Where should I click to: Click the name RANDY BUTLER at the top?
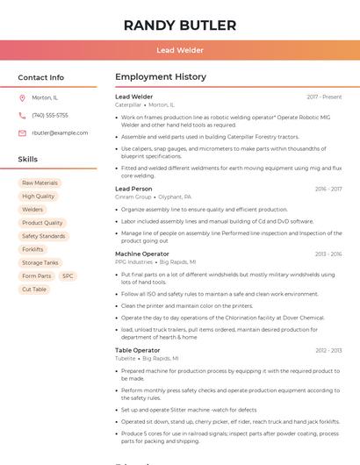click(x=179, y=25)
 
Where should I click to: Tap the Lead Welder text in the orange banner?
click(x=179, y=51)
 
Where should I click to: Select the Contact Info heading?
click(x=40, y=77)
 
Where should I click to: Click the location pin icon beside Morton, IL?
click(x=22, y=97)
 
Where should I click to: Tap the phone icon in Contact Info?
click(x=22, y=115)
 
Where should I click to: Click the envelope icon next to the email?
click(x=22, y=133)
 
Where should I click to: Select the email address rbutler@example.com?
click(x=60, y=133)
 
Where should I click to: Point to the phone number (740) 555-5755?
click(x=50, y=115)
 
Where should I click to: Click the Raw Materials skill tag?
click(x=40, y=183)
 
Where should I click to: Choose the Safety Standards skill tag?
click(x=43, y=236)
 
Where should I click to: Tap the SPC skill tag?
click(x=68, y=275)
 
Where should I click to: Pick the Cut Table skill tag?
click(x=34, y=289)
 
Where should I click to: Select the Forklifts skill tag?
click(x=32, y=249)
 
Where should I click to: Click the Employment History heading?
click(x=160, y=77)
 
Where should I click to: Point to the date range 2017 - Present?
click(x=324, y=97)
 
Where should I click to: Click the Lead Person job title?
click(x=133, y=189)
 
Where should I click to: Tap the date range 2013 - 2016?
click(x=328, y=254)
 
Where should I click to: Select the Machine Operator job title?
click(x=142, y=254)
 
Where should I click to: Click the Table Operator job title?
click(x=138, y=350)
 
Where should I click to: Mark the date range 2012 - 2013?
click(x=328, y=351)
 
